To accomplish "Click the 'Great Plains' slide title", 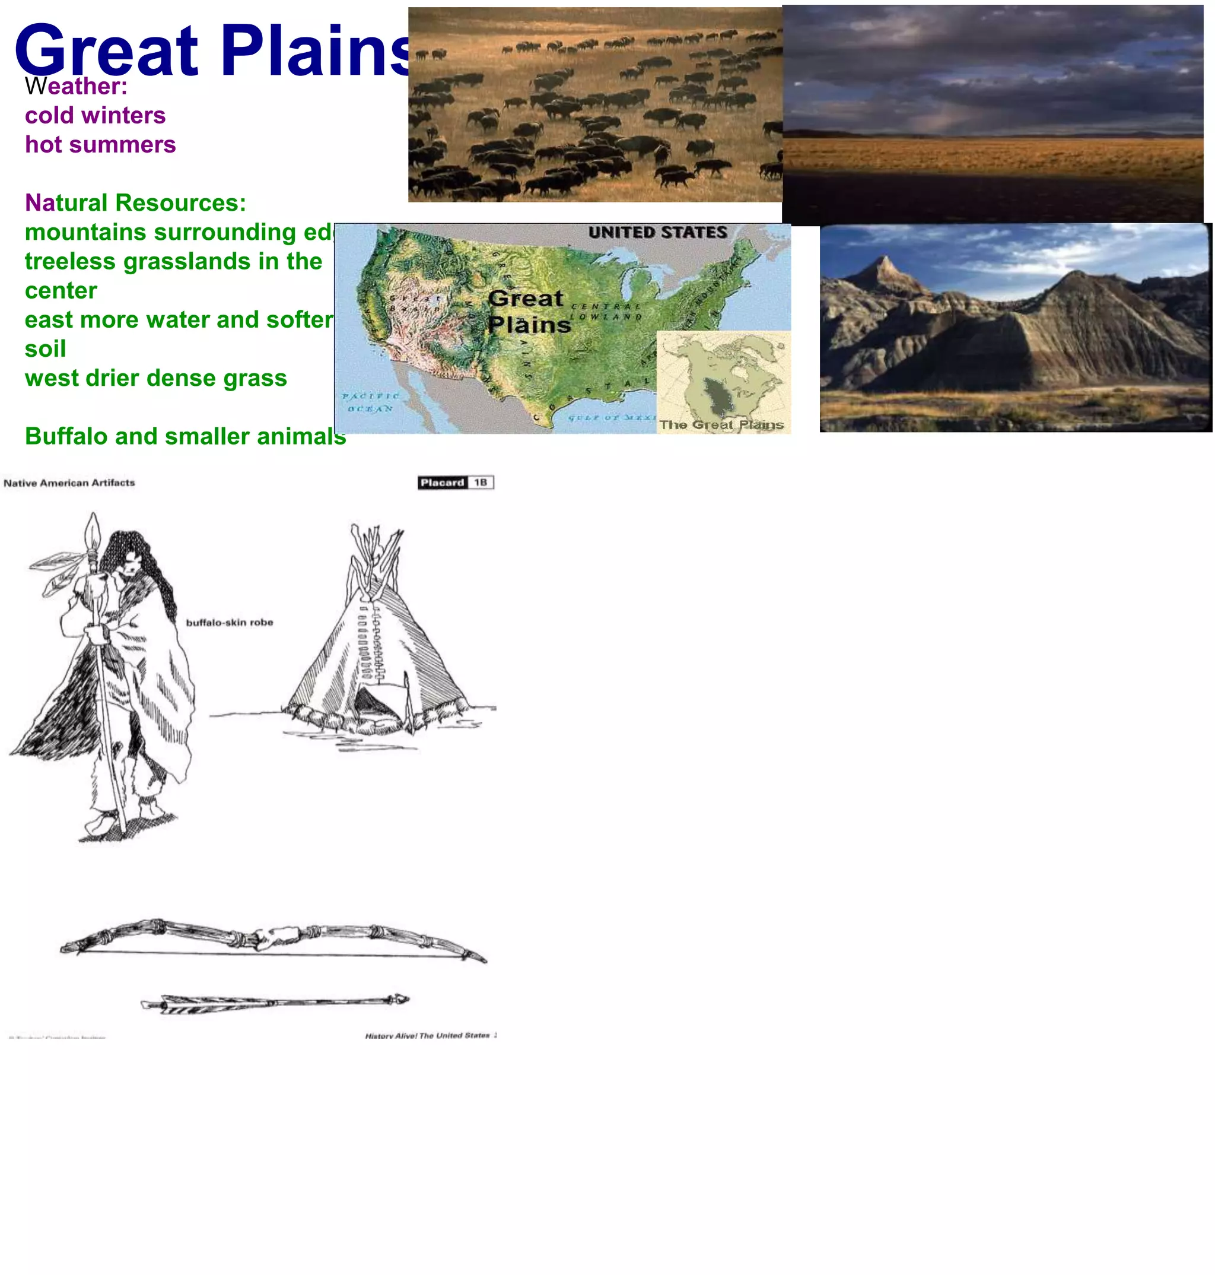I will pos(214,50).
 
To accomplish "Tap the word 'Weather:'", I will pos(76,86).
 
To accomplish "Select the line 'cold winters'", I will pos(95,115).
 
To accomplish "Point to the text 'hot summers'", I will pos(100,144).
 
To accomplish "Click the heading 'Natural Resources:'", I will pos(135,203).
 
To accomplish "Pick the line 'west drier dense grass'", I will pos(155,378).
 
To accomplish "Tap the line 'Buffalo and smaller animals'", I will pos(185,436).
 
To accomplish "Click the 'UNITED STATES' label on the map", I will pos(657,232).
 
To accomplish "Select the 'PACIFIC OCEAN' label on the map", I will pos(370,402).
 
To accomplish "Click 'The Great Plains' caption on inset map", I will pos(721,425).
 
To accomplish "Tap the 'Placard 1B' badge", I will pos(455,483).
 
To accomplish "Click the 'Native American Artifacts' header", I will pos(69,483).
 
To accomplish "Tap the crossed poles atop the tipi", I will pos(374,544).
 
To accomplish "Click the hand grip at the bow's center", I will pos(275,937).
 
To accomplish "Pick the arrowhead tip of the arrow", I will pos(402,999).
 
